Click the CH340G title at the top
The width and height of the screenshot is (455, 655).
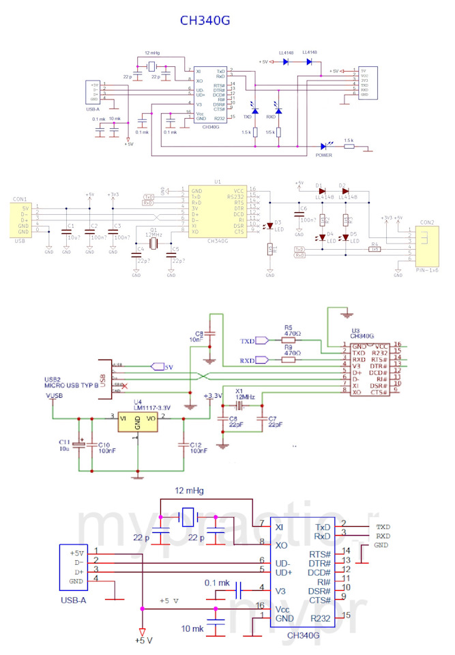[x=205, y=20]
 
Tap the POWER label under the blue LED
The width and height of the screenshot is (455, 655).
[x=324, y=154]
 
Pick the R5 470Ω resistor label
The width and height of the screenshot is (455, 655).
[x=288, y=330]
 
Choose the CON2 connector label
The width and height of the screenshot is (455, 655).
[x=428, y=223]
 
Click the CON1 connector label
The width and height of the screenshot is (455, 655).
[x=20, y=199]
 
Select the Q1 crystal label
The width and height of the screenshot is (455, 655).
[x=154, y=230]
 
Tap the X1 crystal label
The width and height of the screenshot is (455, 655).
[x=239, y=390]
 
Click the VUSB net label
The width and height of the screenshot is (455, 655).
[x=54, y=396]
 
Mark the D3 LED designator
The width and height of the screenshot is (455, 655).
[x=278, y=222]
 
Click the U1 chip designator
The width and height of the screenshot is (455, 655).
[x=218, y=182]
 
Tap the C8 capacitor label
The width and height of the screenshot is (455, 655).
[x=199, y=332]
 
